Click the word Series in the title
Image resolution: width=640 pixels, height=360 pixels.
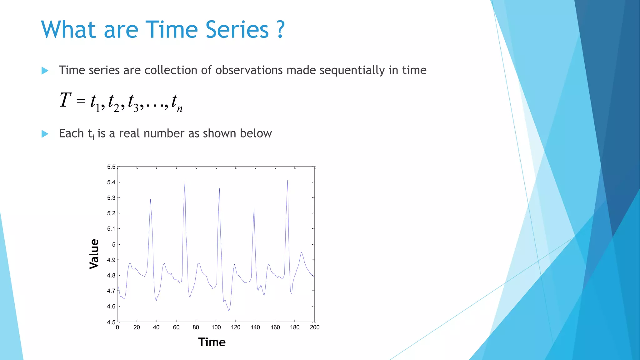pos(237,30)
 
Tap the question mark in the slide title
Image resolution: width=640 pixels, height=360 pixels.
pos(281,30)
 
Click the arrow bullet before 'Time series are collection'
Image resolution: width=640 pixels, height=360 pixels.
pos(45,71)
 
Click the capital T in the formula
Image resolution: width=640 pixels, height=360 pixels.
pos(65,100)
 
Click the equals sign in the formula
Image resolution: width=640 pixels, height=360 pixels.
pos(81,101)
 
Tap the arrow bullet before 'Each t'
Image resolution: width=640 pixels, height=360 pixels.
pos(45,134)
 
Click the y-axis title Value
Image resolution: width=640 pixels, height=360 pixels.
pos(94,254)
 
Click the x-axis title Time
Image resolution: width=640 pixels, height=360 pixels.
pos(212,342)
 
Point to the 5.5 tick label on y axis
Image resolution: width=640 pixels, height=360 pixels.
pos(111,167)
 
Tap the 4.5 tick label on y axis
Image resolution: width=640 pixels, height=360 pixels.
pos(111,322)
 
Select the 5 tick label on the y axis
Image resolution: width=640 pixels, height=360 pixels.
pos(114,244)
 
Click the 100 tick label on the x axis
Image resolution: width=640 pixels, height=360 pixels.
pos(216,327)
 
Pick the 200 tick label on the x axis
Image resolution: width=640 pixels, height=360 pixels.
pos(314,327)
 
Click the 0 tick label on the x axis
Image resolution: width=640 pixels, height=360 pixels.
pos(117,327)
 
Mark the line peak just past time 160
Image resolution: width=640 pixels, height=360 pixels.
pos(287,181)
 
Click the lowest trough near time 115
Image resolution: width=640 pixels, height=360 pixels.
pos(229,311)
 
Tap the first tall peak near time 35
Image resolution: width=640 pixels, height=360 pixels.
pos(150,199)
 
